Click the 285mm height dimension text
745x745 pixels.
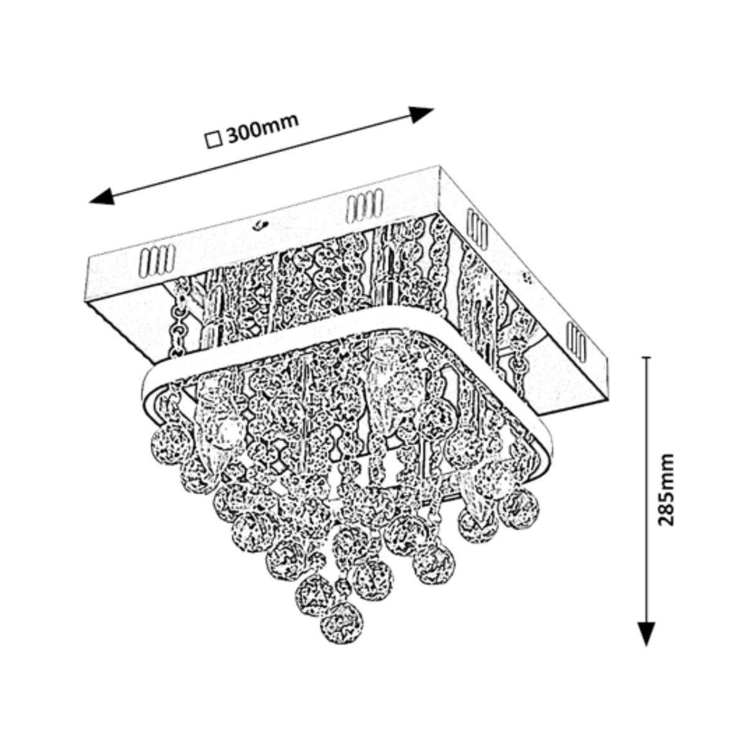666,490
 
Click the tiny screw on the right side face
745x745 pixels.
528,278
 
